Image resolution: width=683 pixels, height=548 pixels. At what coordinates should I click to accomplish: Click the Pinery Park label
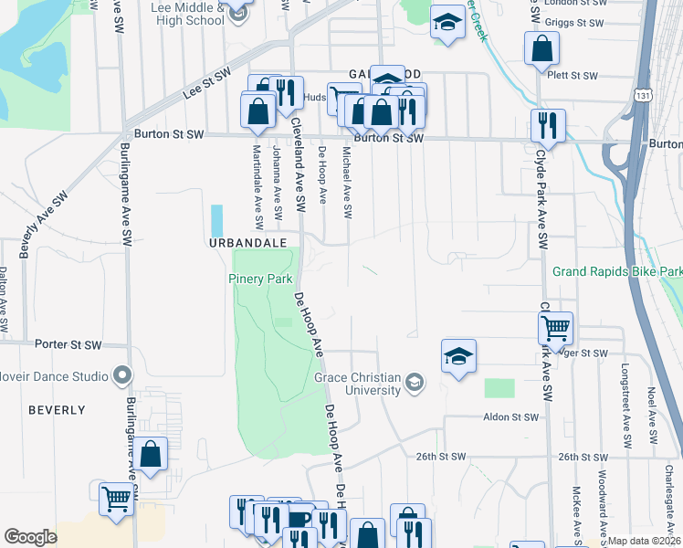click(x=259, y=279)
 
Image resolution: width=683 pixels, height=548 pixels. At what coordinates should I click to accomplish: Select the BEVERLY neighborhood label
click(x=57, y=410)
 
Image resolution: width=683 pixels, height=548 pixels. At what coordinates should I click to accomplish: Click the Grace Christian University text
click(x=358, y=384)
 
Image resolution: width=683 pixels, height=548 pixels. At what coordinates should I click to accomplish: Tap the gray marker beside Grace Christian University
click(x=415, y=382)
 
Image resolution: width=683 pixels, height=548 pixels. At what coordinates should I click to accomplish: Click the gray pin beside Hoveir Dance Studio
click(x=121, y=374)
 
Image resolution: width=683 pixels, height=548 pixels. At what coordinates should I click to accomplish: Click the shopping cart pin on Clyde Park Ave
click(x=557, y=328)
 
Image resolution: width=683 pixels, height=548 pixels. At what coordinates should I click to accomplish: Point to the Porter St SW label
click(x=68, y=344)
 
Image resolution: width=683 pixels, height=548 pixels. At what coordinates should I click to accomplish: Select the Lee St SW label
click(x=208, y=87)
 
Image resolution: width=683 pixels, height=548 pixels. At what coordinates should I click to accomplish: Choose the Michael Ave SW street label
click(x=346, y=183)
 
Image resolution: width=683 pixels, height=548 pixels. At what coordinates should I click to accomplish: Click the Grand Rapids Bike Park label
click(x=618, y=272)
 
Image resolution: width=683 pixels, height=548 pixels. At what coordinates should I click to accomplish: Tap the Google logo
click(x=30, y=537)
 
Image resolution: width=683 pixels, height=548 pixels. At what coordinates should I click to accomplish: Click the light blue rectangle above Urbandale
click(x=216, y=220)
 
